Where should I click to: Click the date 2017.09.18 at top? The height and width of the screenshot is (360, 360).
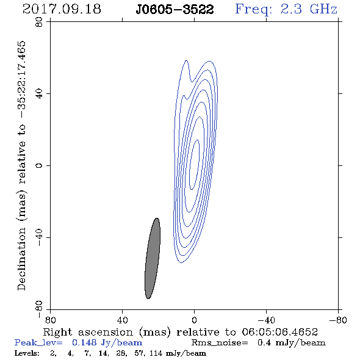(62, 9)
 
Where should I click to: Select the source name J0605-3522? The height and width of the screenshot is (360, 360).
(175, 10)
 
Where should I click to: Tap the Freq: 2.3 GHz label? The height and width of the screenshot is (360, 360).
(286, 10)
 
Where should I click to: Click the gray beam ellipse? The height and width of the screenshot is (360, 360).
(153, 258)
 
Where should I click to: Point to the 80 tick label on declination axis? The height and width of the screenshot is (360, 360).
(39, 22)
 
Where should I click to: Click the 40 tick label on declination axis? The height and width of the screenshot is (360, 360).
(39, 94)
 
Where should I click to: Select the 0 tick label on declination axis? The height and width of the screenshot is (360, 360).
(39, 165)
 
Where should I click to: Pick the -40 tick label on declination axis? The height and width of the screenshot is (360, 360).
(39, 237)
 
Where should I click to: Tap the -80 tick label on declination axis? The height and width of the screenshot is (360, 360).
(39, 309)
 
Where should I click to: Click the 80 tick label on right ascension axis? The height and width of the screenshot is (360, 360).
(50, 320)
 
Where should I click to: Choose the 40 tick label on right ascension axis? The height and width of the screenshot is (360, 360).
(123, 320)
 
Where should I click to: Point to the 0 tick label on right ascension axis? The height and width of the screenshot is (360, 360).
(195, 320)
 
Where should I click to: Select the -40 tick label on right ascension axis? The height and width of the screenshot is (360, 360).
(266, 320)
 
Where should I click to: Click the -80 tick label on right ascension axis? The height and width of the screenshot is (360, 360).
(338, 320)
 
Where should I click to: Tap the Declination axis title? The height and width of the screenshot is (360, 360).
(21, 165)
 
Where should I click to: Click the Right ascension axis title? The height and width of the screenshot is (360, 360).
(181, 332)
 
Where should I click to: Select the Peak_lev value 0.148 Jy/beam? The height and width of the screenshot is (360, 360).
(107, 343)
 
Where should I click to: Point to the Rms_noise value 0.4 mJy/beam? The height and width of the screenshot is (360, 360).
(292, 343)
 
